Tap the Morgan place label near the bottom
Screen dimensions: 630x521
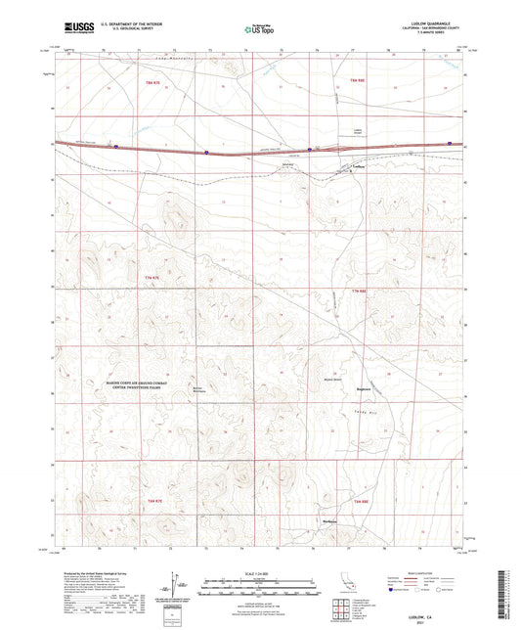tap(333, 519)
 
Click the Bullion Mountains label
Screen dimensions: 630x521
tap(202, 391)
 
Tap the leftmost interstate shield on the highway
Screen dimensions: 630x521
tap(115, 148)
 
